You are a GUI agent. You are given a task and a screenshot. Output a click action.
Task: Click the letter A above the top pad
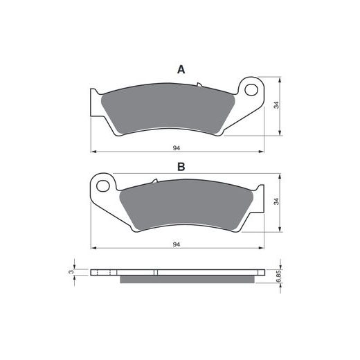click(x=181, y=69)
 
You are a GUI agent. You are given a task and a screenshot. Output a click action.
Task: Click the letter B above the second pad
click(x=181, y=167)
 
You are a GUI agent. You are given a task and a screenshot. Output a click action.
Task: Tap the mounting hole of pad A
click(x=251, y=90)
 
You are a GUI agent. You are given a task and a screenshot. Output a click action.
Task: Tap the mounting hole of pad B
click(x=103, y=186)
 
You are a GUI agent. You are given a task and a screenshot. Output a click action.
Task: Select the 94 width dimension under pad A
click(x=177, y=148)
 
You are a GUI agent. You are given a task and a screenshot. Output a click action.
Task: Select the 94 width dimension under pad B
click(x=177, y=244)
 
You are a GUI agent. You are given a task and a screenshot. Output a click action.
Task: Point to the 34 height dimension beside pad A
click(x=276, y=105)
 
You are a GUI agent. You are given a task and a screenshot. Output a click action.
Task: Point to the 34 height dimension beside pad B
click(x=276, y=201)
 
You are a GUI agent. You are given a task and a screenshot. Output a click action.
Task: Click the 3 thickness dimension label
click(x=71, y=272)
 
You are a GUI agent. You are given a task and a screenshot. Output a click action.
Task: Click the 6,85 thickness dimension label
click(x=278, y=276)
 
